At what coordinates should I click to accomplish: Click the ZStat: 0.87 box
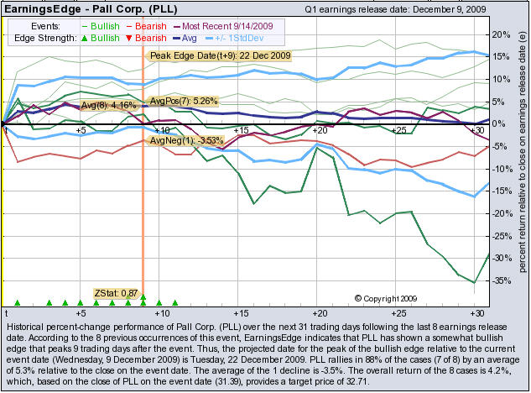117,292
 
